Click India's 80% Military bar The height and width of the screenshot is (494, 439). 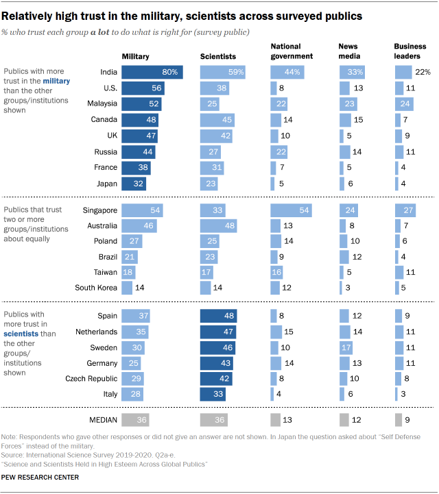pyautogui.click(x=152, y=72)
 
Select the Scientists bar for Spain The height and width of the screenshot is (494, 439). pyautogui.click(x=218, y=317)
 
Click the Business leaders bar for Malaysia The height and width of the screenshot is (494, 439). pyautogui.click(x=403, y=103)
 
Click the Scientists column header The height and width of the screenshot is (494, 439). pyautogui.click(x=217, y=56)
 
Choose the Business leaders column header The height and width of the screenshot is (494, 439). pyautogui.click(x=410, y=51)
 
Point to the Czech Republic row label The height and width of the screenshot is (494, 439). pyautogui.click(x=91, y=378)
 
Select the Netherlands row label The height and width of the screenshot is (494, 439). pyautogui.click(x=95, y=332)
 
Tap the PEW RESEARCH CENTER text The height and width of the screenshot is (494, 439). pyautogui.click(x=40, y=476)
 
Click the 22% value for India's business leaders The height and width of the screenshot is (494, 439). pyautogui.click(x=423, y=72)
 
